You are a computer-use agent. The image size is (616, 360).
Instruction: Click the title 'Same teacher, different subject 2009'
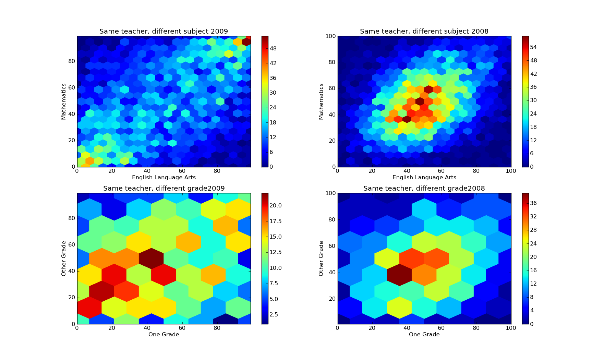click(x=164, y=32)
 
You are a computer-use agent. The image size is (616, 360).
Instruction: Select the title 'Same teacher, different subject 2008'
click(x=424, y=32)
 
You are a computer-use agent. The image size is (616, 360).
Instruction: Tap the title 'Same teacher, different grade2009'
click(x=164, y=188)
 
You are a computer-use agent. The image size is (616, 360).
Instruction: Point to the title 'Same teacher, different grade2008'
click(x=424, y=188)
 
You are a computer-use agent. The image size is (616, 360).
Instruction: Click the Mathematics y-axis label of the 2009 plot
click(x=63, y=101)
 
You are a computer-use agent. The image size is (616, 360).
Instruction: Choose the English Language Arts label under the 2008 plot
click(x=424, y=177)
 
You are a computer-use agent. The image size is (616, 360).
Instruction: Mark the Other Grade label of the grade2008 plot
click(x=321, y=259)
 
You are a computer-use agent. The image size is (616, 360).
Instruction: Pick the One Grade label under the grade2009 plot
click(x=164, y=334)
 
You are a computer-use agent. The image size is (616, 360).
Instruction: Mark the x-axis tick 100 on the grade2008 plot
click(x=511, y=328)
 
